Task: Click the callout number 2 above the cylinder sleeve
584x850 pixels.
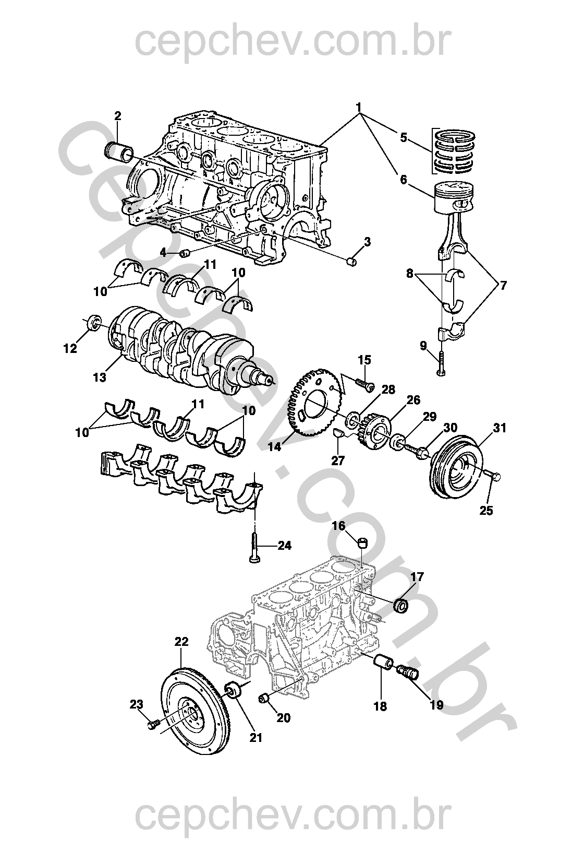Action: click(117, 115)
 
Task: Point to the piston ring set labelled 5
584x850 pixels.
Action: click(456, 151)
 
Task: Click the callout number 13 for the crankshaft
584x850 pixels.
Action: click(99, 376)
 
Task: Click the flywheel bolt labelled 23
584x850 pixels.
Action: click(152, 725)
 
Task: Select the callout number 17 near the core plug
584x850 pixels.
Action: click(417, 577)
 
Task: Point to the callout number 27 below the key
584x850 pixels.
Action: click(338, 461)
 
